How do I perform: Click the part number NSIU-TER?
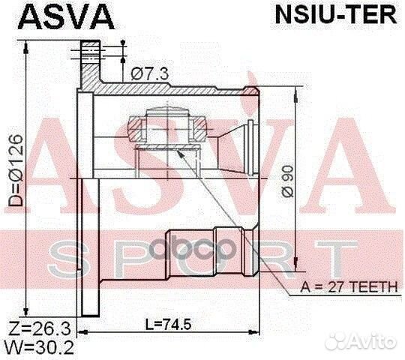pos(336,16)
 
